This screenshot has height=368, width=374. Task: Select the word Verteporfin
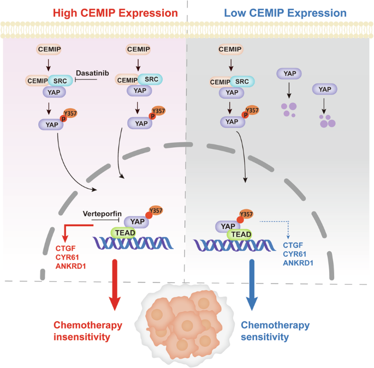[101, 214]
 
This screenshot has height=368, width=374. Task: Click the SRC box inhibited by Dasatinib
[58, 81]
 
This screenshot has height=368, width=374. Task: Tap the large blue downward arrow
[252, 281]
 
